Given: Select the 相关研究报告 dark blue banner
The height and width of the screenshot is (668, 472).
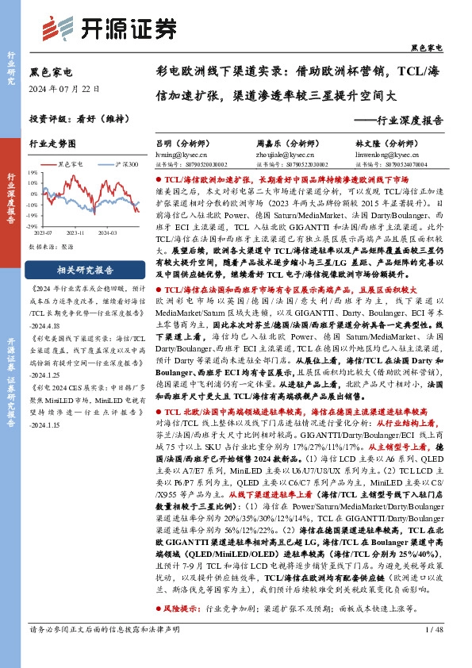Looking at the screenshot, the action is [x=76, y=270].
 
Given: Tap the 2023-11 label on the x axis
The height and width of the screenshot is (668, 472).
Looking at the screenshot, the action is [x=75, y=233].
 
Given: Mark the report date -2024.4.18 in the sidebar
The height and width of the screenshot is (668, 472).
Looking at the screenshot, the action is [x=54, y=324].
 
